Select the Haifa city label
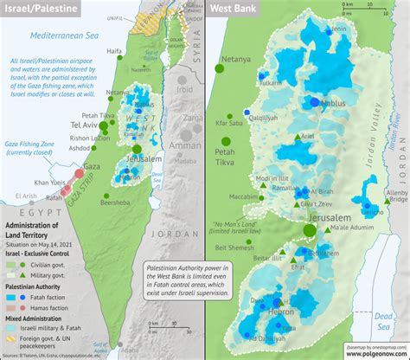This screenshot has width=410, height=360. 114,51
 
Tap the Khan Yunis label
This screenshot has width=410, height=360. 48,183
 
